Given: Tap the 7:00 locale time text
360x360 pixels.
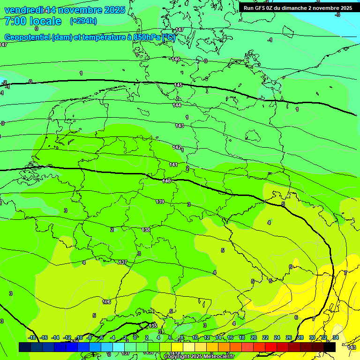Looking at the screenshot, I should point(33,21).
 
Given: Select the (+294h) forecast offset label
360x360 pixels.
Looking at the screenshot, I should point(83,21).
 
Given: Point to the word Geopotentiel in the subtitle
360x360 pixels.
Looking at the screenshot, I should point(27,37).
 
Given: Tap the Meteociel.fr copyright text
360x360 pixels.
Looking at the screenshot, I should point(199,357).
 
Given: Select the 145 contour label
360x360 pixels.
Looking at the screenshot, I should point(178,85).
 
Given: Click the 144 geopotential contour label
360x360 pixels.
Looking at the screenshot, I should point(177,105).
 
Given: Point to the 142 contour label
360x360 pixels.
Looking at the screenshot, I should point(177,147).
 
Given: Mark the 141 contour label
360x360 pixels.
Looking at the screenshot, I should point(173,165).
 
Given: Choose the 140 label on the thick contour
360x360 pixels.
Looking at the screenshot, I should point(167,181).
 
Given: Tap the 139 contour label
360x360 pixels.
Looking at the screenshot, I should point(160,202).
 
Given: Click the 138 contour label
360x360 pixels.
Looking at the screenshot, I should point(146,230).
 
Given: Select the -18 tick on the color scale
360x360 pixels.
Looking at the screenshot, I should point(32,337).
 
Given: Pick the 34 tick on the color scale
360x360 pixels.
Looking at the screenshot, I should point(336,337).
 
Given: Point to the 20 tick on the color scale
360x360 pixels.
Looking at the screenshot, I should point(254,337).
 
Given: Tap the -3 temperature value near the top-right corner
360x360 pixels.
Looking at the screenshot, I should point(337,15).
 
